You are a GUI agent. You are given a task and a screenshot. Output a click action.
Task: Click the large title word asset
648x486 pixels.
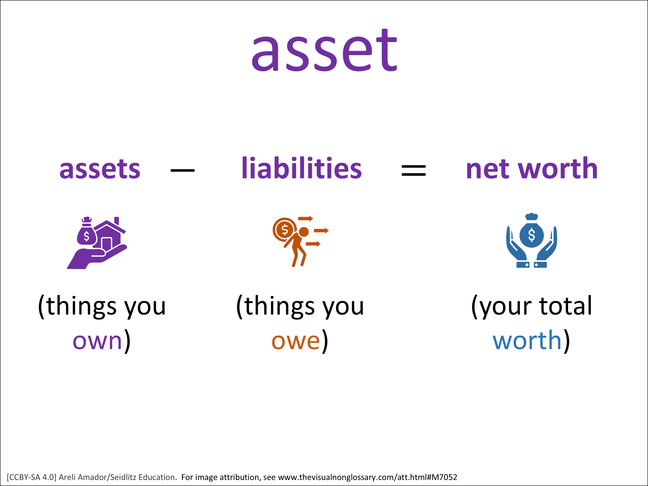[324, 50]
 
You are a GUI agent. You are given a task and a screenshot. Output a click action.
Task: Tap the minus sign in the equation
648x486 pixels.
[183, 170]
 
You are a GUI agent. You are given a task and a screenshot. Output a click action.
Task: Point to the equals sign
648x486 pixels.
[413, 170]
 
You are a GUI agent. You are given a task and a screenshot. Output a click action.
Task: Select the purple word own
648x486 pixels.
[97, 341]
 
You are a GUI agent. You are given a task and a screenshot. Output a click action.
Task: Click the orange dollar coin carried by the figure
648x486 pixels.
[284, 230]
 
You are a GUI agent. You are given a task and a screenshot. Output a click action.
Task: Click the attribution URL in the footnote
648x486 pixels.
[367, 477]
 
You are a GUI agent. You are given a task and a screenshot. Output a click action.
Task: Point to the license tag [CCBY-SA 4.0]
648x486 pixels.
[31, 477]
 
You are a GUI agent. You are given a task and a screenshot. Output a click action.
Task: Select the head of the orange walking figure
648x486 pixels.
[303, 232]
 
